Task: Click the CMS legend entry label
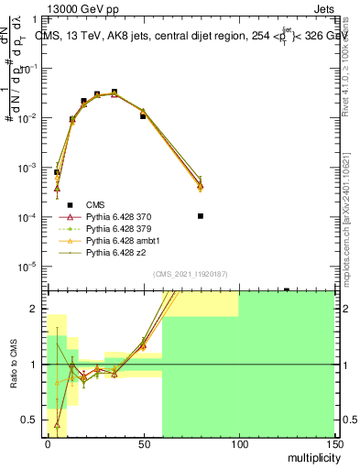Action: [x=95, y=204]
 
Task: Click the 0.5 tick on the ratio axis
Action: [x=31, y=420]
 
